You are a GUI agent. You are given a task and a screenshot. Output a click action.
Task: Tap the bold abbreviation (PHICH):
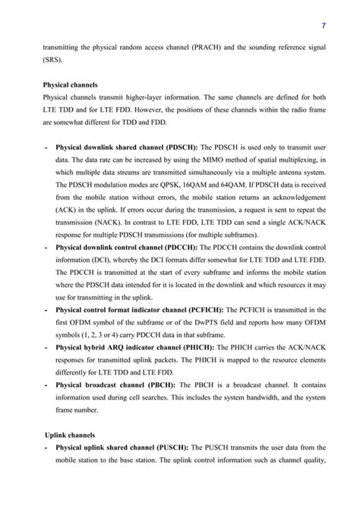click(x=201, y=346)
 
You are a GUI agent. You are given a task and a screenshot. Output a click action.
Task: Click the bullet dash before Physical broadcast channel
click(x=48, y=384)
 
